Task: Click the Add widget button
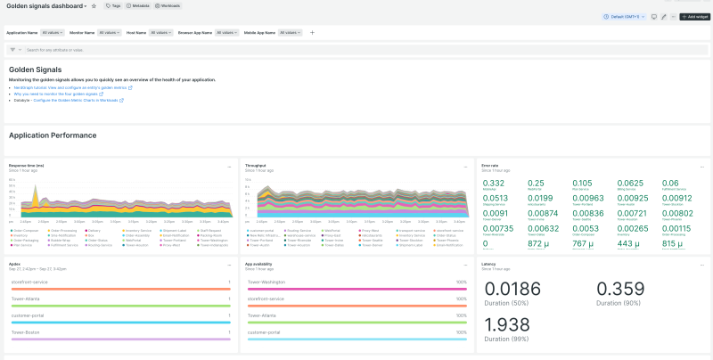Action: pos(694,17)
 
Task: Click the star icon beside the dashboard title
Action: pos(94,5)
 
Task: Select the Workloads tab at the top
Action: pos(168,5)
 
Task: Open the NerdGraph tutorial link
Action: pos(71,88)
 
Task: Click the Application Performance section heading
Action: pos(53,135)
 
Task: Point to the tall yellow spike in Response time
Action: pos(35,189)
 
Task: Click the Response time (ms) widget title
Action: pos(27,165)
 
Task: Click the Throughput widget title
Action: pos(255,165)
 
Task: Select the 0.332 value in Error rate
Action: pos(493,183)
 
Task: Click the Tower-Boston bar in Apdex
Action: pos(120,339)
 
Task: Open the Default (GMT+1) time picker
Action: pos(627,17)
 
